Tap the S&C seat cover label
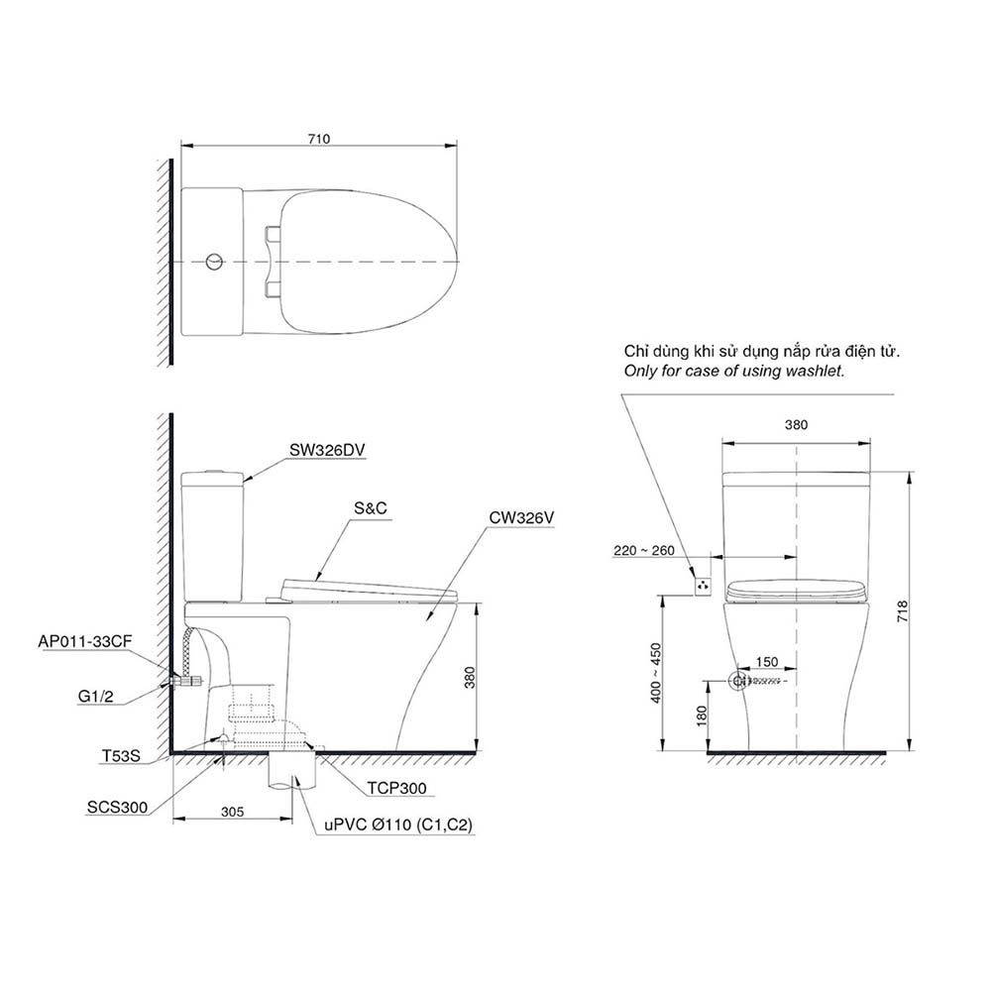point(369,507)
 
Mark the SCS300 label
point(117,807)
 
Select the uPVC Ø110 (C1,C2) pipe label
point(386,824)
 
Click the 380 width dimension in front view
point(797,424)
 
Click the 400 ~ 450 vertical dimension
point(654,673)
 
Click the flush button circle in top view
point(211,262)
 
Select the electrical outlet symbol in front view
point(703,586)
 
